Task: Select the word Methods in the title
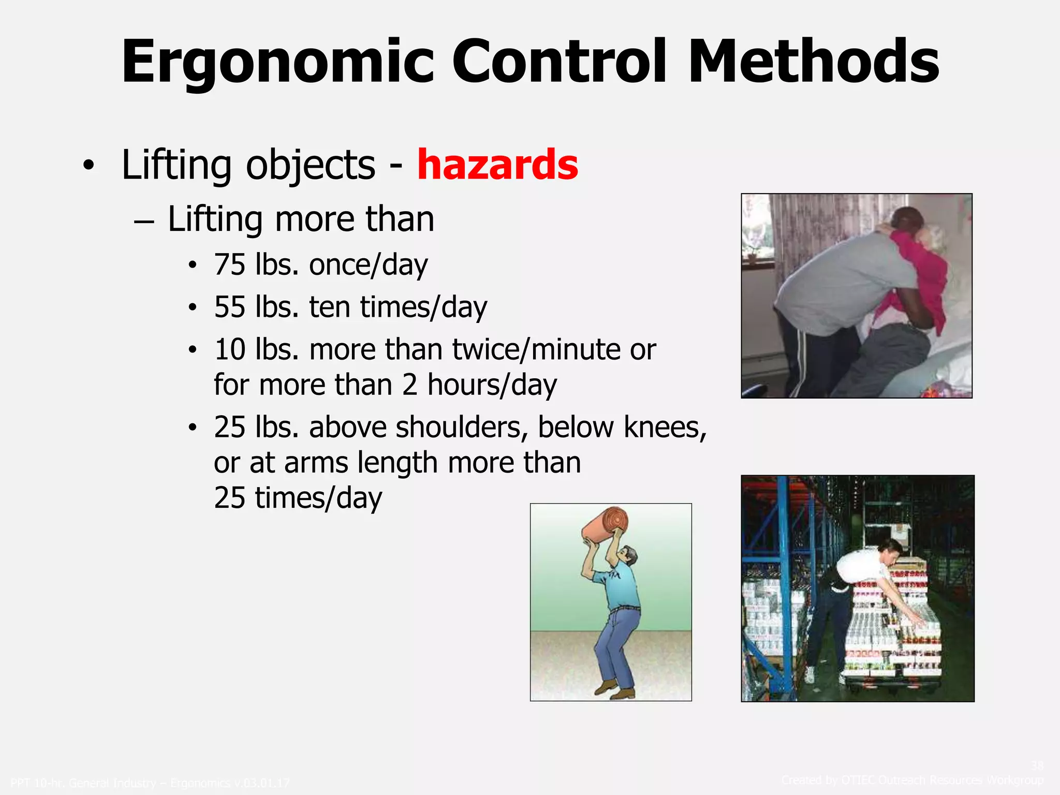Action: [813, 62]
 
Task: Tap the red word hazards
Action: [497, 165]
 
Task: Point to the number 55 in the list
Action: [229, 307]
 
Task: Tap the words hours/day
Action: [492, 385]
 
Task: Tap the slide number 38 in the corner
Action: [1037, 765]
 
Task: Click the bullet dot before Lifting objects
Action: [89, 166]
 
